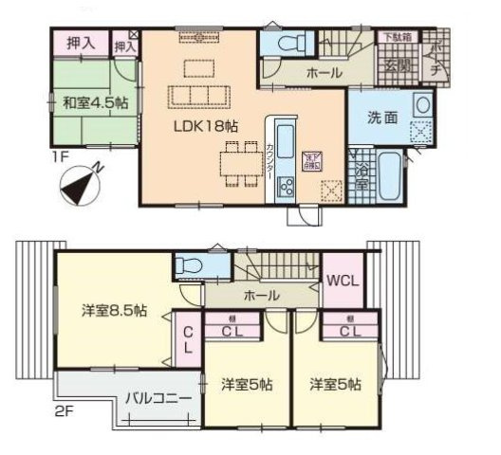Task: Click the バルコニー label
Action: point(158,399)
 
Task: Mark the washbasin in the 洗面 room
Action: point(422,103)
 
